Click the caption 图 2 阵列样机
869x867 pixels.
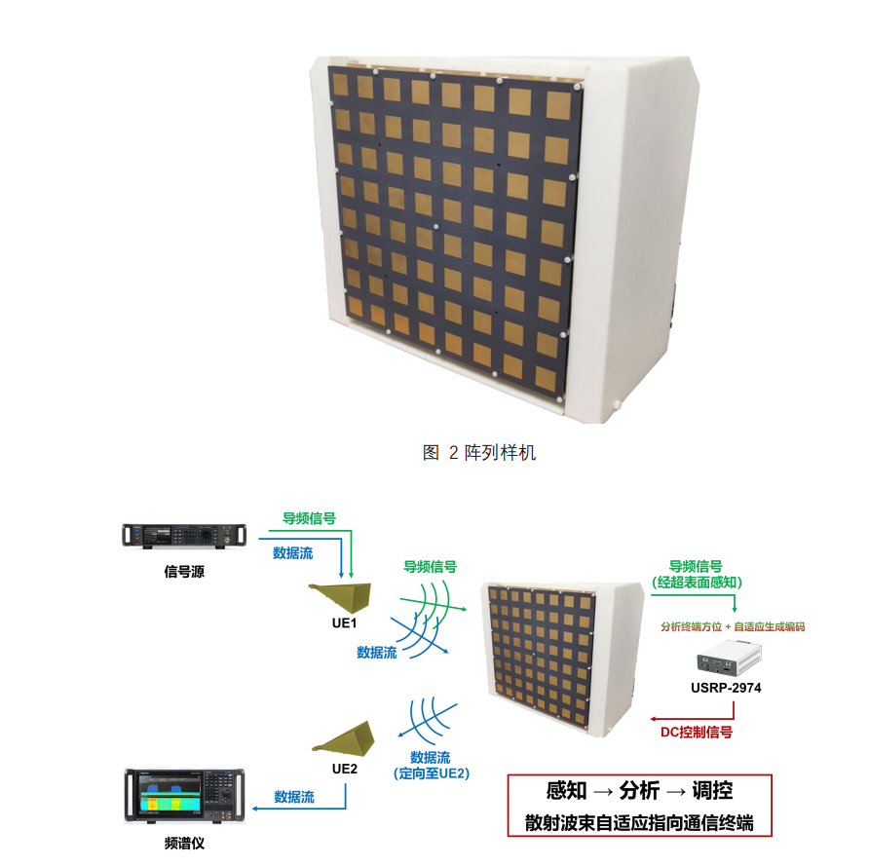479,452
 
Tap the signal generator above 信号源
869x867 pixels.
184,536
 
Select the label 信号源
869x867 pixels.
184,572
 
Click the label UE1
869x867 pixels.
344,623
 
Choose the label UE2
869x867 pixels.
344,769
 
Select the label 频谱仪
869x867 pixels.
184,844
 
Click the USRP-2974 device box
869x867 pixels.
729,660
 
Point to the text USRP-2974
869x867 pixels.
726,688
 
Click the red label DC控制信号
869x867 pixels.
697,733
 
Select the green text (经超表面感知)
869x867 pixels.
697,583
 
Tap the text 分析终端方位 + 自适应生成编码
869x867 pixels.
733,627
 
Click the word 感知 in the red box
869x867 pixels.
566,790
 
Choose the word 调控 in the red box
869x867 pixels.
712,790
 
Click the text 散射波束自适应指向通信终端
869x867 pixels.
639,822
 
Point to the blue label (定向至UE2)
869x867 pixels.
432,773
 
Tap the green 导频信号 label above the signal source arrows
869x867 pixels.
309,518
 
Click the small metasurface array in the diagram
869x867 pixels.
562,660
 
